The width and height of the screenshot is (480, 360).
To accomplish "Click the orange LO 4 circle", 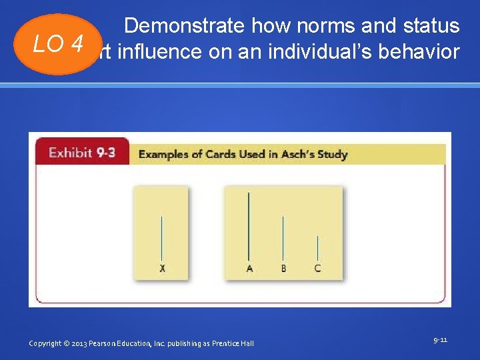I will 59,44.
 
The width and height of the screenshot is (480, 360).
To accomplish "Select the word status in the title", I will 431,26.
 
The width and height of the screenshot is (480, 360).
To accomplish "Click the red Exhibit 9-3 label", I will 82,153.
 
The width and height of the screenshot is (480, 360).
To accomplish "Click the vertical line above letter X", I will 162,237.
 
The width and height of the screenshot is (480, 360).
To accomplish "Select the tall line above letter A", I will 249,226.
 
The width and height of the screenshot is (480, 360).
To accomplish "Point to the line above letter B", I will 283,238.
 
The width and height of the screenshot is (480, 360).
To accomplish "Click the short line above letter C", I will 317,248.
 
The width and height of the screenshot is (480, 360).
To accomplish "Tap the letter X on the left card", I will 162,269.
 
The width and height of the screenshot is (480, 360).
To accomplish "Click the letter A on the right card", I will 249,269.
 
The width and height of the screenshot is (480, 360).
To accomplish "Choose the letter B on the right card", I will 283,269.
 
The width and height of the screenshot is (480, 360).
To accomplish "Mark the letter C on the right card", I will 317,269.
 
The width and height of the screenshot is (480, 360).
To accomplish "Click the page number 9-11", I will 440,340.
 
